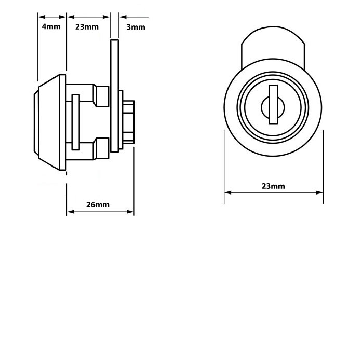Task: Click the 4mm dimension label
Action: [x=51, y=27]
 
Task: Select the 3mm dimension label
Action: [x=136, y=27]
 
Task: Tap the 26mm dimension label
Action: [x=98, y=205]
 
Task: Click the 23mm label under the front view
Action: [x=273, y=186]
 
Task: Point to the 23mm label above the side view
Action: [x=87, y=27]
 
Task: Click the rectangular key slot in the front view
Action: [x=273, y=104]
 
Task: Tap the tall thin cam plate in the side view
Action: [x=114, y=96]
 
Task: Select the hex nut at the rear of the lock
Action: [x=128, y=122]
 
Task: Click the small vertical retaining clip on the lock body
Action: [x=76, y=122]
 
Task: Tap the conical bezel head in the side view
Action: [x=48, y=122]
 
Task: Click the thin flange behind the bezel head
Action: [x=63, y=122]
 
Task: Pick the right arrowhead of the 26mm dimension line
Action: [x=130, y=212]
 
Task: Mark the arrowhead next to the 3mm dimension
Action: [x=123, y=17]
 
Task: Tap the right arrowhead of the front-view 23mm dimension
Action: [x=319, y=192]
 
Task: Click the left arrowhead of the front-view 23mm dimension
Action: [x=228, y=192]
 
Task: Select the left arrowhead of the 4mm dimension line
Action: [x=42, y=17]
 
